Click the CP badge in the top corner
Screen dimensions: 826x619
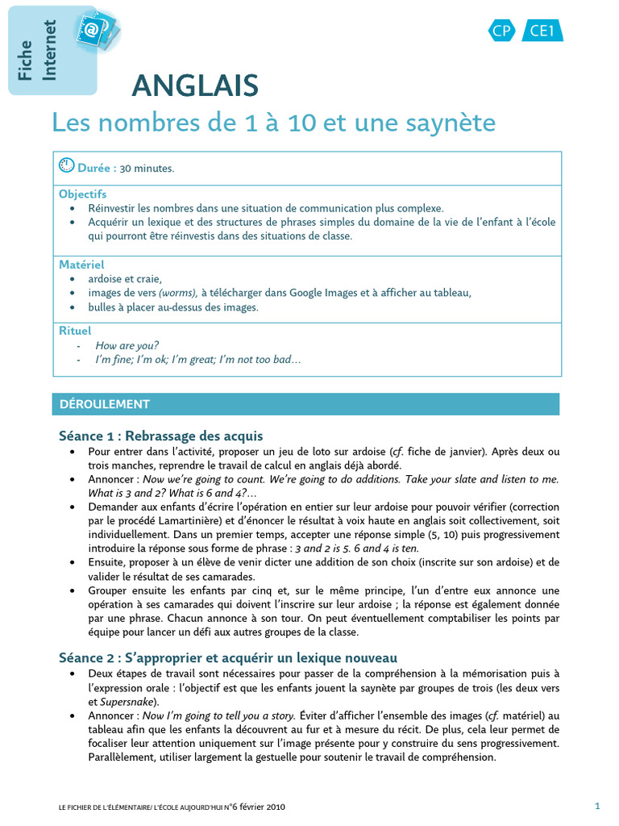[x=502, y=31]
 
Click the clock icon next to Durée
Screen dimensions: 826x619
[x=67, y=166]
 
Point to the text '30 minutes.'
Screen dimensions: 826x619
[x=147, y=169]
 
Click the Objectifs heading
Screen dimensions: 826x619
[x=82, y=194]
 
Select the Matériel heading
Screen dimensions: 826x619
[x=81, y=265]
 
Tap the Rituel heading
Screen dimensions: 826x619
[x=75, y=331]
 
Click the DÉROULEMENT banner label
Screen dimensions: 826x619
[x=101, y=404]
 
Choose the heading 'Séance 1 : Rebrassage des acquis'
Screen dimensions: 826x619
[x=160, y=436]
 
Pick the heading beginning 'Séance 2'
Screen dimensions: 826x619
[x=227, y=657]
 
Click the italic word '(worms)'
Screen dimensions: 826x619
[x=175, y=293]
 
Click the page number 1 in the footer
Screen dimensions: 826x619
[x=597, y=805]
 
